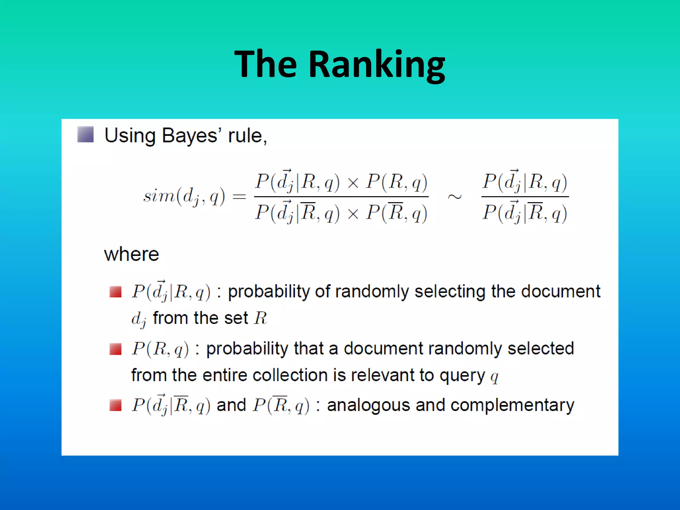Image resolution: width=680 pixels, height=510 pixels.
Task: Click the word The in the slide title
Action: pyautogui.click(x=265, y=64)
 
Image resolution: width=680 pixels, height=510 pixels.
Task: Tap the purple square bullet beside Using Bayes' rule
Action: pyautogui.click(x=85, y=134)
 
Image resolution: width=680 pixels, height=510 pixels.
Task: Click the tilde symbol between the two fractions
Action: pyautogui.click(x=455, y=197)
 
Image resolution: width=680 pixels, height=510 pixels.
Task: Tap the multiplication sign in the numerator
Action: pyautogui.click(x=353, y=183)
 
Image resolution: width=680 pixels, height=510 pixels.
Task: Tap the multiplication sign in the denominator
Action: pyautogui.click(x=353, y=213)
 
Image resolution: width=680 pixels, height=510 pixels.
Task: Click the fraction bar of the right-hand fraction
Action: pyautogui.click(x=525, y=197)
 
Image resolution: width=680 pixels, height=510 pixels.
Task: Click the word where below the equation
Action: pyautogui.click(x=131, y=255)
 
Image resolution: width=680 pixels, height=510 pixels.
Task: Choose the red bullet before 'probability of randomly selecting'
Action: pyautogui.click(x=116, y=292)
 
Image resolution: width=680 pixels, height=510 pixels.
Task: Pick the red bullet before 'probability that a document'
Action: pyautogui.click(x=116, y=349)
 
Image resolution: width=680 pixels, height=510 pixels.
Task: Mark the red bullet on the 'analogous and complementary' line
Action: pyautogui.click(x=116, y=405)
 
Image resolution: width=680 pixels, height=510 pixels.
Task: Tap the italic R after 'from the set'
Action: pyautogui.click(x=261, y=318)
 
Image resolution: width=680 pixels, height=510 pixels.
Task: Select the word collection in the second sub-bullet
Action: pyautogui.click(x=290, y=376)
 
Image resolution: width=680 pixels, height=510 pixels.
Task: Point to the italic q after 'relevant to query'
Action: pyautogui.click(x=494, y=377)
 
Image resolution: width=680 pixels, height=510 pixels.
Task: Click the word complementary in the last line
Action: pyautogui.click(x=512, y=405)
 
